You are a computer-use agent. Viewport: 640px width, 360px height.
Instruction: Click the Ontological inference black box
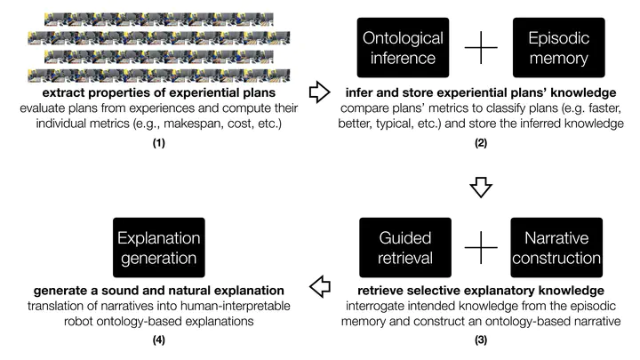(x=399, y=47)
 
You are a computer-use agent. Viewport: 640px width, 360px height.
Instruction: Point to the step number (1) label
(x=158, y=140)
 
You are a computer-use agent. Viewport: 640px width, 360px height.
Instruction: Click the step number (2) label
(x=480, y=140)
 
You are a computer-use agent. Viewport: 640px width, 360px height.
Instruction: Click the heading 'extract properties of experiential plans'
(x=158, y=92)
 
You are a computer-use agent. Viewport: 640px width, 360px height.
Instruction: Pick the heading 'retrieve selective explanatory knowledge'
(x=480, y=290)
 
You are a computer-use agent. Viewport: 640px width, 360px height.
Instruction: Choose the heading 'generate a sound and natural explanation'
(x=158, y=290)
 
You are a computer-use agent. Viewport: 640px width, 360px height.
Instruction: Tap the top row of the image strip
(x=158, y=18)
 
